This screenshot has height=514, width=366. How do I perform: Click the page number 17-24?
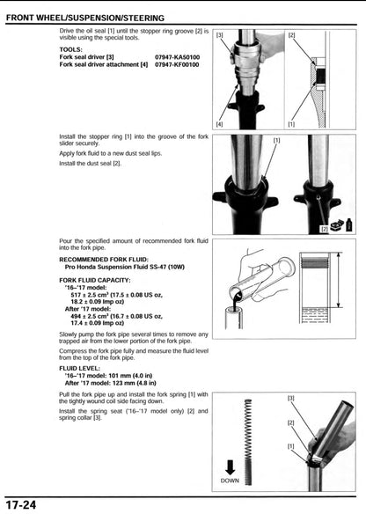20,504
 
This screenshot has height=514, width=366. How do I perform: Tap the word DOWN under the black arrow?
229,481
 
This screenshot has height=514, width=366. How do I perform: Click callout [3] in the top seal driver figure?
220,35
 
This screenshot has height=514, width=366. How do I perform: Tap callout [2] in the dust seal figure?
325,228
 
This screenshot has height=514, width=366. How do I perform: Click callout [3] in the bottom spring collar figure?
291,398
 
